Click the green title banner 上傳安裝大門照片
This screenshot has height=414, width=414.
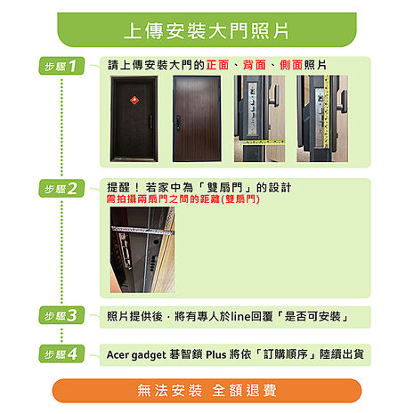point(207,30)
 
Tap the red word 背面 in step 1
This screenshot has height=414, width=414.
point(254,66)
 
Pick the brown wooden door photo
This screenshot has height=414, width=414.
point(195,118)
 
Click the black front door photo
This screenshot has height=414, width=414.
point(134,118)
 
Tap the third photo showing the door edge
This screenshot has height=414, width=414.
point(259,118)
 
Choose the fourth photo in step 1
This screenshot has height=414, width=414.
point(321,118)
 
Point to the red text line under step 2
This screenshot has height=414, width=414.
point(183,200)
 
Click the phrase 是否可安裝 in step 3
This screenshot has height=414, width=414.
point(313,316)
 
